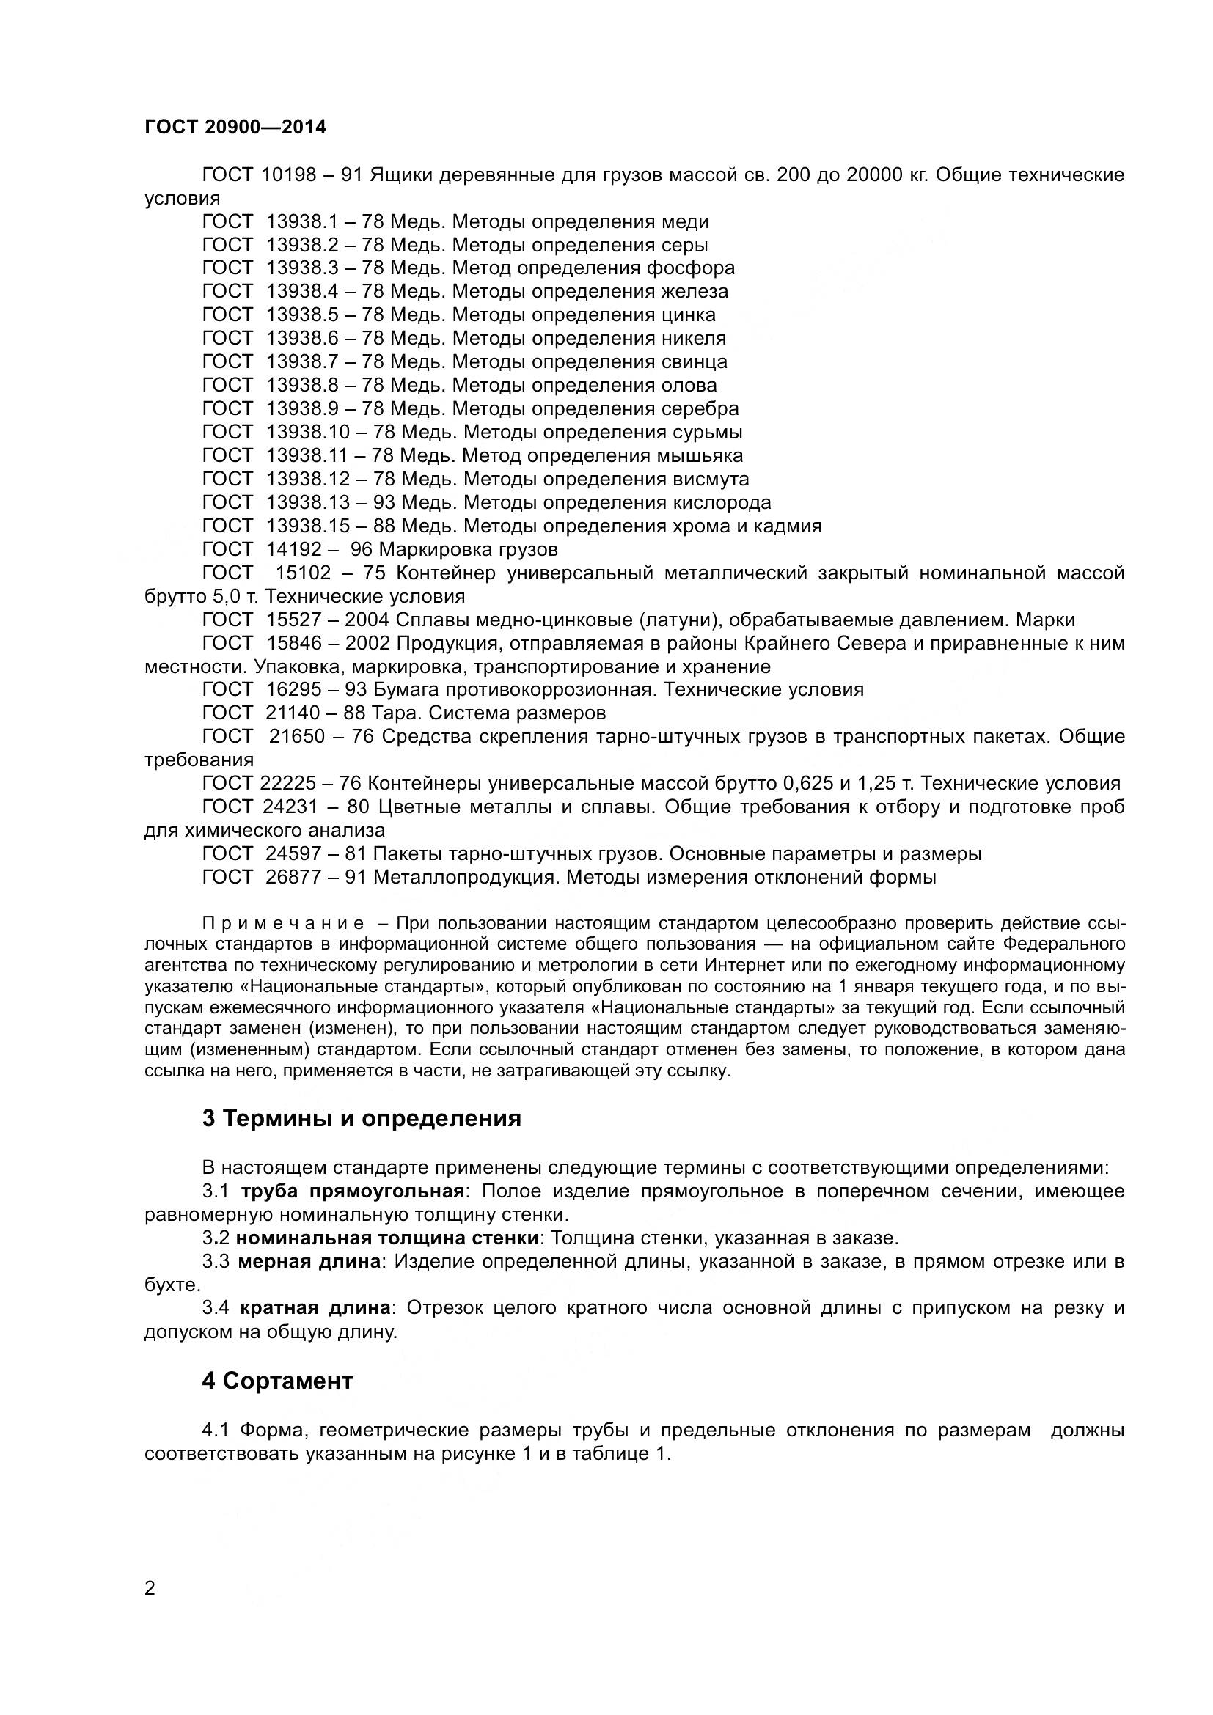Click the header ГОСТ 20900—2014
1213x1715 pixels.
click(x=235, y=127)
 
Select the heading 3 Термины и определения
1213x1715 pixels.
click(x=362, y=1118)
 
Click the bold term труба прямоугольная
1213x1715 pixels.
click(x=352, y=1191)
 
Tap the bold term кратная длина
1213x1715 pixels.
click(x=315, y=1308)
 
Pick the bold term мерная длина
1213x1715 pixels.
click(x=309, y=1262)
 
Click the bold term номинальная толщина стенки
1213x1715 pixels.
click(x=387, y=1238)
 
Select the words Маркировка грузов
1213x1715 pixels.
click(x=469, y=549)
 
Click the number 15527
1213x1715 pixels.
click(x=293, y=620)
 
